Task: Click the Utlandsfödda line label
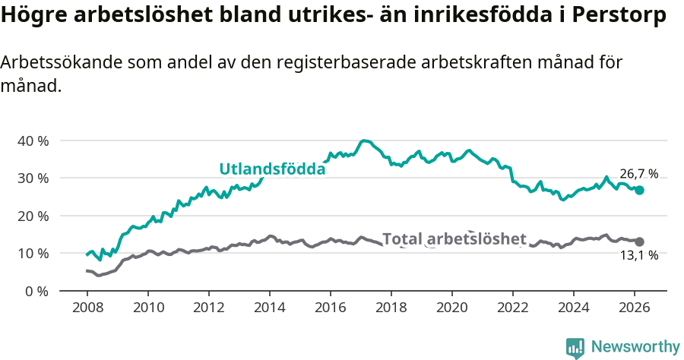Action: pyautogui.click(x=272, y=169)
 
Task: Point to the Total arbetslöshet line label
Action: pyautogui.click(x=454, y=239)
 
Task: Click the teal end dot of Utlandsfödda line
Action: pyautogui.click(x=639, y=190)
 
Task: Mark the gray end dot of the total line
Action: pyautogui.click(x=639, y=242)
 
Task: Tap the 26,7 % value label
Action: pyautogui.click(x=638, y=173)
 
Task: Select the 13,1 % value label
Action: pyautogui.click(x=638, y=257)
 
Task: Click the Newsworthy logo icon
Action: pyautogui.click(x=575, y=347)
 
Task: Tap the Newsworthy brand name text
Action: pyautogui.click(x=635, y=347)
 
